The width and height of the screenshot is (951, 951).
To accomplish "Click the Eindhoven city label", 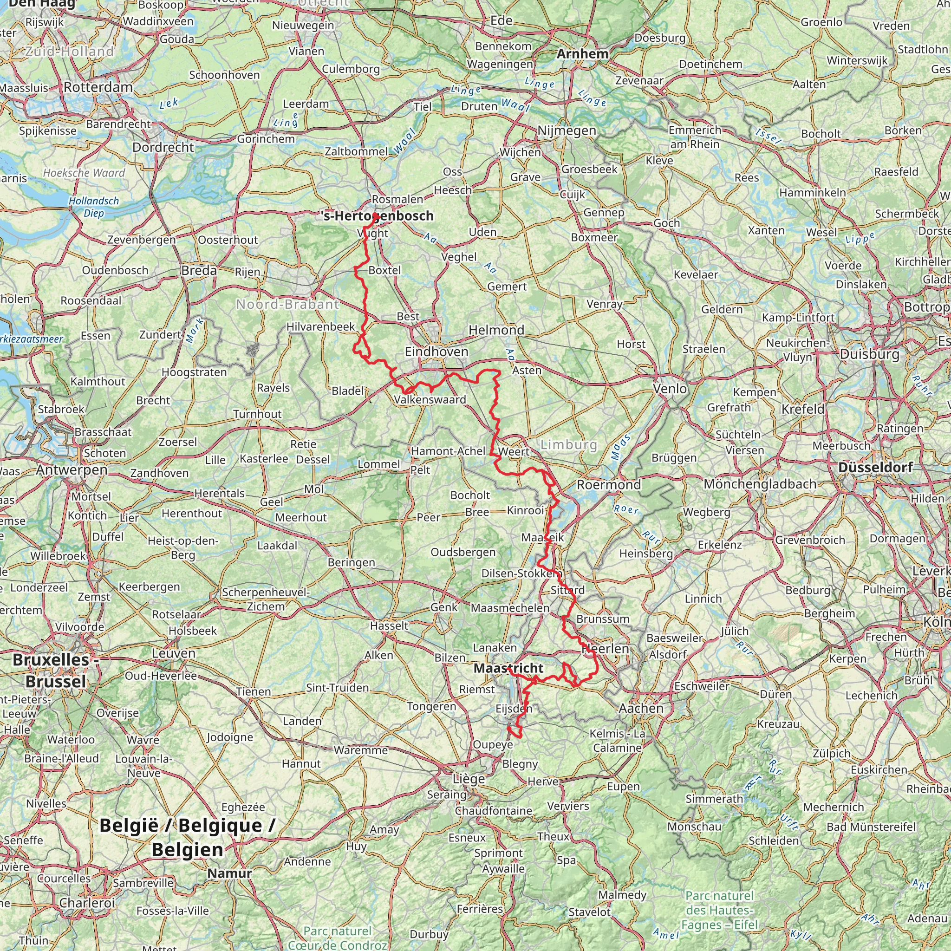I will coord(436,352).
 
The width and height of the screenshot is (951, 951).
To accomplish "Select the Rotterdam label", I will coord(98,87).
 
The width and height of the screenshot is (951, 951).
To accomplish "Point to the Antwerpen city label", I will coord(72,469).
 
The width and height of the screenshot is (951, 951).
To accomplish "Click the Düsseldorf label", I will coord(875,467).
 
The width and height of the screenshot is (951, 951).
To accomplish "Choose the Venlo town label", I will coord(670,389).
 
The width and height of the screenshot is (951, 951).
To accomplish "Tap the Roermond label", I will coord(609,484).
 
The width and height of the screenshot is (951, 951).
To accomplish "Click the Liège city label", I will coord(469,779).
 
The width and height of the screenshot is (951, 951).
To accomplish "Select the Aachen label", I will coord(641,708).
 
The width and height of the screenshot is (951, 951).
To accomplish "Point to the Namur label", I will coord(229,874).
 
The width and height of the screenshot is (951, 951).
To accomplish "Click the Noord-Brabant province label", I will coord(287,304).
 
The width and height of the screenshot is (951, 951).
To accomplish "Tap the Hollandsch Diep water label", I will coord(93,207).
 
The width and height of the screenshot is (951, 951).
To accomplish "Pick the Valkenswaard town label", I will coord(430,400).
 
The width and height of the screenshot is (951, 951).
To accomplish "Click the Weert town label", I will coord(514,451).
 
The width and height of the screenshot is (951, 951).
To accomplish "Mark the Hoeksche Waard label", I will coord(84,173).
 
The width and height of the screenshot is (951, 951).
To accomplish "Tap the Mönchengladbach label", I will coord(760,484).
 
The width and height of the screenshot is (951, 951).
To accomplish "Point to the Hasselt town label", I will coord(389,625).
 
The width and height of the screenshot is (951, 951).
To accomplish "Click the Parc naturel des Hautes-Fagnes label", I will coord(719,910).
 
